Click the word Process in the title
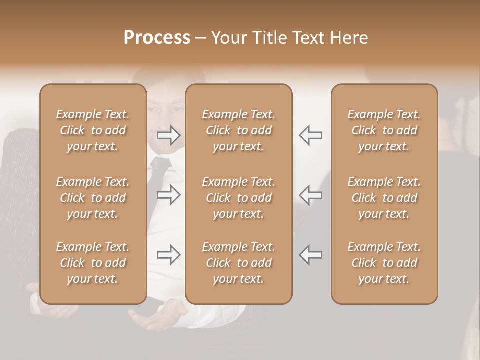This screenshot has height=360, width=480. point(157,38)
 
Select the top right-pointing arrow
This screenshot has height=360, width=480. point(169,135)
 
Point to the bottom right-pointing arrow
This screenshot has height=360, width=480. point(169,255)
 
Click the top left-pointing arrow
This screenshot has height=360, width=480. point(310,135)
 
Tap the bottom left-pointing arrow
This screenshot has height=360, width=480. point(310,255)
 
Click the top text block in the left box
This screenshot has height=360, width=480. point(93,130)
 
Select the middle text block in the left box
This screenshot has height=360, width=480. point(93,198)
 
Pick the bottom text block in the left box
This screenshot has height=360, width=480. point(93,263)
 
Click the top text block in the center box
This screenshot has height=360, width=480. point(239,130)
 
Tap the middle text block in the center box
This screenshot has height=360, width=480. point(239,198)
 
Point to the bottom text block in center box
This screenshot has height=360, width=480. point(239,263)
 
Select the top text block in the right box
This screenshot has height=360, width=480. point(384,130)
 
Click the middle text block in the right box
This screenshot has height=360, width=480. point(384,198)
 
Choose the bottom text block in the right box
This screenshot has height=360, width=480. point(384,263)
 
